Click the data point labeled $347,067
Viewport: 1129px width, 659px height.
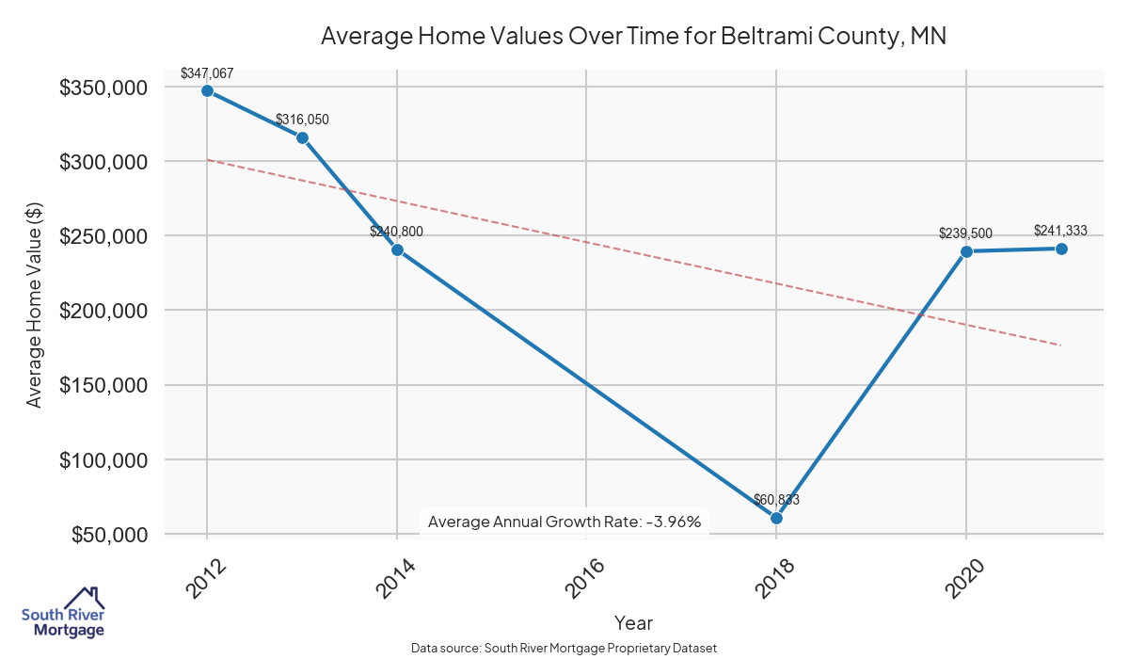pyautogui.click(x=207, y=91)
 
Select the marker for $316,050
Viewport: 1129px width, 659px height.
pyautogui.click(x=302, y=137)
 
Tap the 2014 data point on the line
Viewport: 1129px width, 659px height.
pyautogui.click(x=397, y=249)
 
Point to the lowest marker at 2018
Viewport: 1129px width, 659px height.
pyautogui.click(x=776, y=518)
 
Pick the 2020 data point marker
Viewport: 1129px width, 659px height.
pyautogui.click(x=966, y=251)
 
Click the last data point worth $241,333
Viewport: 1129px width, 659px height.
pyautogui.click(x=1061, y=249)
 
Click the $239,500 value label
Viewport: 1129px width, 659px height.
pyautogui.click(x=965, y=233)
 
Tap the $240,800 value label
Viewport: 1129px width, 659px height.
pyautogui.click(x=397, y=231)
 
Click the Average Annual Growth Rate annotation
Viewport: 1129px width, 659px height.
pyautogui.click(x=564, y=522)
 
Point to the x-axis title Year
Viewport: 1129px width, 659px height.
pyautogui.click(x=633, y=623)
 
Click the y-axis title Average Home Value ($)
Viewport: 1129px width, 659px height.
pyautogui.click(x=34, y=311)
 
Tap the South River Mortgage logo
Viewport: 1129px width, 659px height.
pyautogui.click(x=63, y=613)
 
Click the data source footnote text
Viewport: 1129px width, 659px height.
pyautogui.click(x=564, y=649)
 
